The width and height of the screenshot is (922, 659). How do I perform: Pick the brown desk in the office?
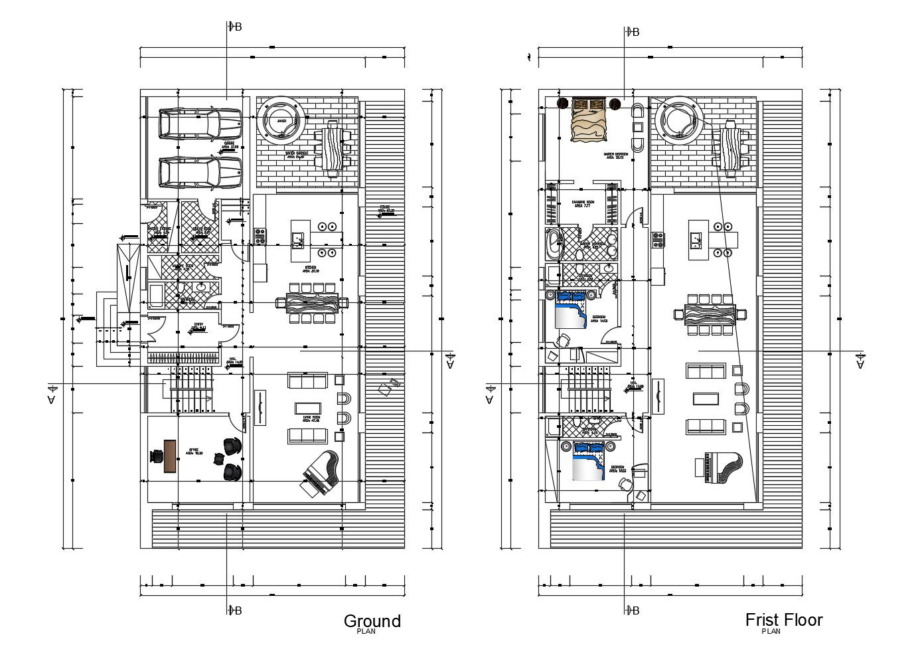pyautogui.click(x=170, y=456)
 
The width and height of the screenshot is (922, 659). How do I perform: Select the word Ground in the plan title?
pyautogui.click(x=372, y=620)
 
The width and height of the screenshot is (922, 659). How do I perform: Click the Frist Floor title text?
pyautogui.click(x=783, y=619)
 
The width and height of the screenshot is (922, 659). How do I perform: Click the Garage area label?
pyautogui.click(x=229, y=145)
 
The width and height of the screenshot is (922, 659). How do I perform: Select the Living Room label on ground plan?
pyautogui.click(x=311, y=419)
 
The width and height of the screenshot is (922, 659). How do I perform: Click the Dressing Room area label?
pyautogui.click(x=583, y=204)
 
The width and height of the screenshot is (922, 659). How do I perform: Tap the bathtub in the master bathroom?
pyautogui.click(x=552, y=244)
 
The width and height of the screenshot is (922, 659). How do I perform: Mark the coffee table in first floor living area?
pyautogui.click(x=705, y=398)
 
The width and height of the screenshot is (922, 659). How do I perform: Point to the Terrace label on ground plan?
pyautogui.click(x=386, y=209)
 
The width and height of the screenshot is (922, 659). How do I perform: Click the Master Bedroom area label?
pyautogui.click(x=614, y=156)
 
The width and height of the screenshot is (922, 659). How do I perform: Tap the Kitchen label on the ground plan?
pyautogui.click(x=311, y=269)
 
